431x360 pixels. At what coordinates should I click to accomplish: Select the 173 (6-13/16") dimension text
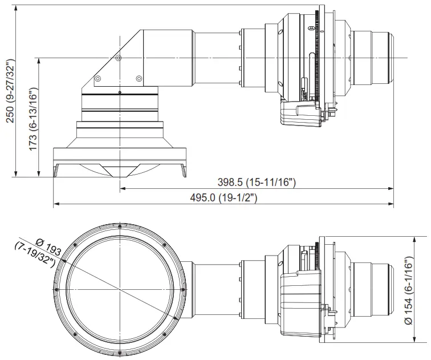[x=33, y=119]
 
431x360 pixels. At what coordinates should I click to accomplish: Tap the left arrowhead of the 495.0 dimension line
[x=55, y=203]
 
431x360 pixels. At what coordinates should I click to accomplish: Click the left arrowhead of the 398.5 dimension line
[x=122, y=187]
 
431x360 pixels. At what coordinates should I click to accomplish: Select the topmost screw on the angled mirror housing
[x=118, y=58]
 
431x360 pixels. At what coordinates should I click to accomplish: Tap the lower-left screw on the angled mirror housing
[x=98, y=78]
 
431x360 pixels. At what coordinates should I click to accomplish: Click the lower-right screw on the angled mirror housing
[x=139, y=78]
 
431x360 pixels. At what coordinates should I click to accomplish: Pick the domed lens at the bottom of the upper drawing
[x=119, y=169]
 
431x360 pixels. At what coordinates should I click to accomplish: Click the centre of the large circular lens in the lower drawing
[x=120, y=289]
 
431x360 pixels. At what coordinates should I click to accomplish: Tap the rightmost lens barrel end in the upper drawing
[x=391, y=57]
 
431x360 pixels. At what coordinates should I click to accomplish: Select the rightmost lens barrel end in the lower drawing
[x=391, y=289]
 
